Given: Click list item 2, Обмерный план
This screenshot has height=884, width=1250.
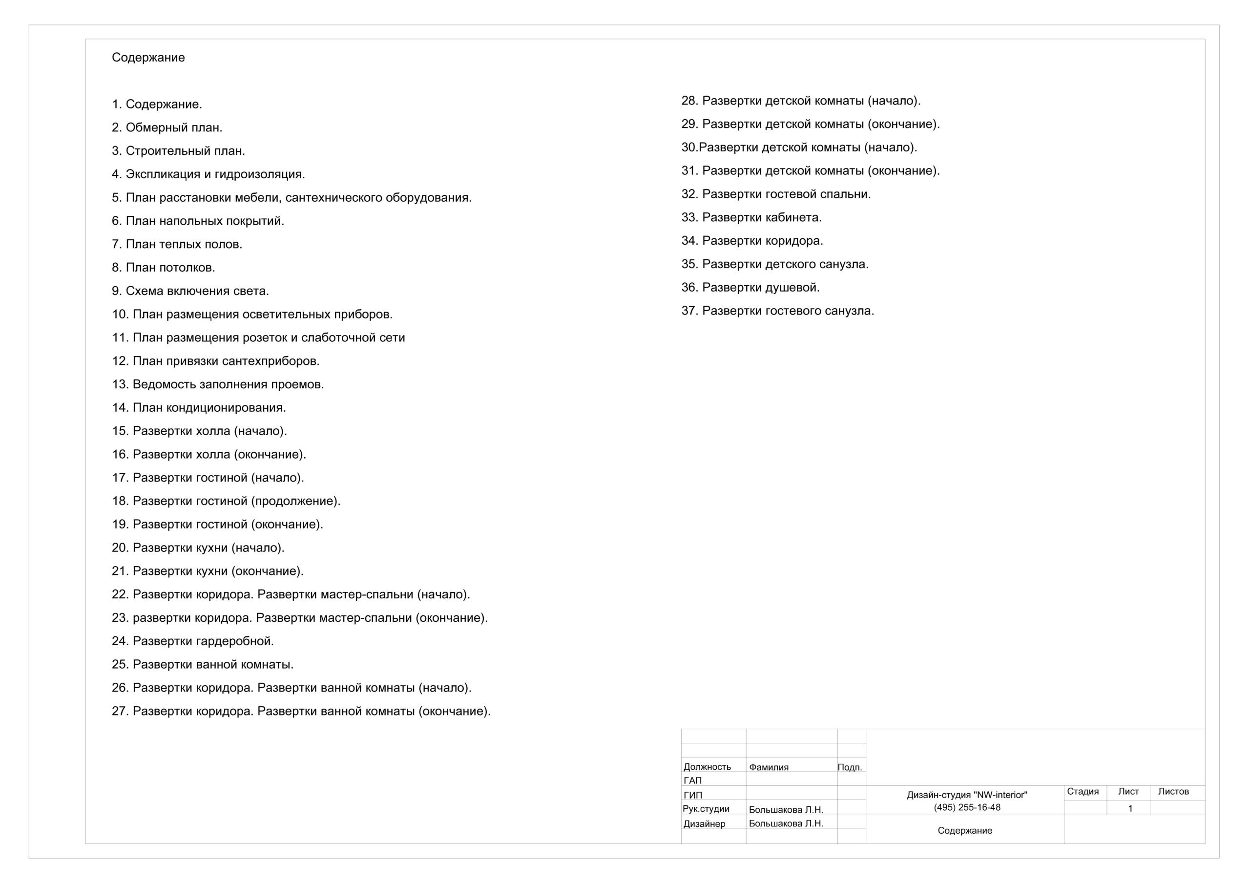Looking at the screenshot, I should tap(167, 127).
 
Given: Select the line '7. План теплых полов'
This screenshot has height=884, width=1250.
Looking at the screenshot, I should tap(177, 244).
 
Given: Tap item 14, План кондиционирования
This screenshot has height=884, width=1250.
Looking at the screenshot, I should tap(199, 407).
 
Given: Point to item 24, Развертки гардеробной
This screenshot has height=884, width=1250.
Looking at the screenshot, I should tap(193, 641).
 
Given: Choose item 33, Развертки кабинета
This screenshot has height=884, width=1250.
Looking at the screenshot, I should tap(751, 217).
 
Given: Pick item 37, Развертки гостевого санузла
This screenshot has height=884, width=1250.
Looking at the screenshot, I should tap(777, 311).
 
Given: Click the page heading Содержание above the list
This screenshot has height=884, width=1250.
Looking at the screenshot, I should tap(148, 57).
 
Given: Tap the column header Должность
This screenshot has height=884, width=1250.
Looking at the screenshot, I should tap(707, 767).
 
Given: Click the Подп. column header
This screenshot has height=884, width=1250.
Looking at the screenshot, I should tap(849, 767).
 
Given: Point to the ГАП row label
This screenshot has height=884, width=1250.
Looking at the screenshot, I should tap(692, 780).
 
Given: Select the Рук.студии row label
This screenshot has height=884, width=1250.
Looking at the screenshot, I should tap(706, 809).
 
